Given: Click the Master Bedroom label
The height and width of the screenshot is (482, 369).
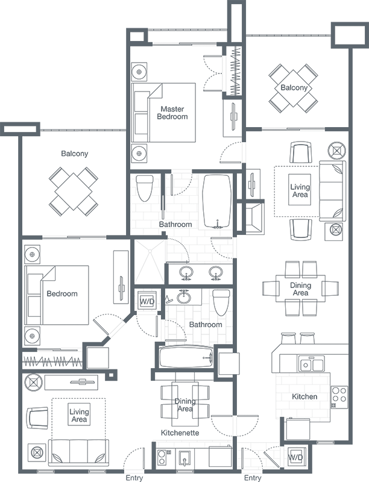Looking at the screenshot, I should coord(172,113).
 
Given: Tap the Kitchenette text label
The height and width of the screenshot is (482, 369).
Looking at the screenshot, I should coord(180,433).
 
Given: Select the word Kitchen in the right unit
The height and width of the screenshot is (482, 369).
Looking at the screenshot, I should coord(304,396).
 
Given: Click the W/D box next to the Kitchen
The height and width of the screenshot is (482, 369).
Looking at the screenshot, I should coord(295,457).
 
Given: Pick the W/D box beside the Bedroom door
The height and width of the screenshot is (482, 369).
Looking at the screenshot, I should coord(147,301).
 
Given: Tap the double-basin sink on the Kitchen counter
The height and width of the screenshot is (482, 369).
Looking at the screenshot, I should coord(311,365).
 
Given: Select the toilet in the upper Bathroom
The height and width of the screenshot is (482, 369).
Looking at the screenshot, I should coord(144,189).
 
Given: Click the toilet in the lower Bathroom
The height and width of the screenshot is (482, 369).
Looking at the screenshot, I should coord(222,302).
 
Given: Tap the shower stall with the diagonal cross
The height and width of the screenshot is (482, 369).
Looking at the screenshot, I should coord(147,260).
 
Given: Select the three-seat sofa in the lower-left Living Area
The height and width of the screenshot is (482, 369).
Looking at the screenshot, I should coord(78,451).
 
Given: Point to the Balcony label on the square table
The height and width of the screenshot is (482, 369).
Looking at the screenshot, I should coord(294,88).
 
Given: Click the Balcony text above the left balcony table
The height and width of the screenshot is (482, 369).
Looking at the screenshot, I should coord(75,154).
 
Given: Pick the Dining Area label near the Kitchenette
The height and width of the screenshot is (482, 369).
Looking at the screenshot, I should coord(185,405).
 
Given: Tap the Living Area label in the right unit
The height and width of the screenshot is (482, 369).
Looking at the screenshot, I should coord(300,191).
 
